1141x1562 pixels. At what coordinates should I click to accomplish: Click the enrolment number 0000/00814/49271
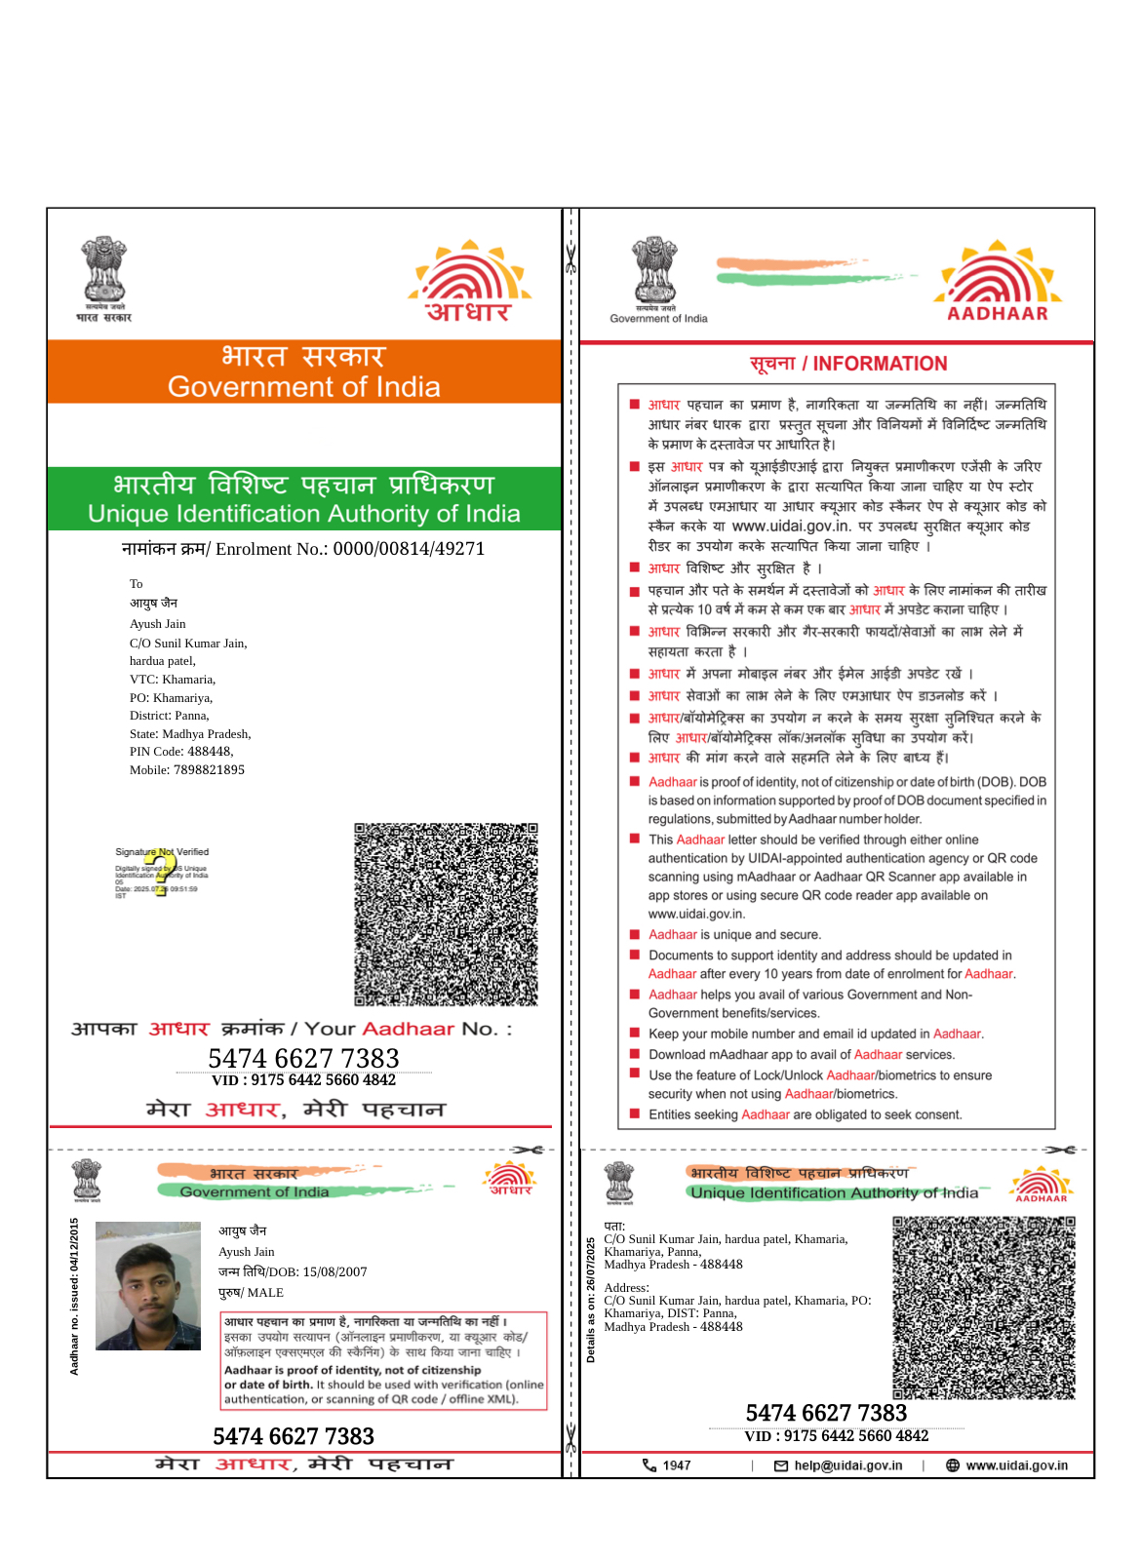coord(409,549)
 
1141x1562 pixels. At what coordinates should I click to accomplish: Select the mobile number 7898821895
coord(209,770)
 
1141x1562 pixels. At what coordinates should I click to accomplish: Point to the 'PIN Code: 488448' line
coord(181,752)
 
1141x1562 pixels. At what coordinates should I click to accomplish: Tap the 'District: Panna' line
coord(170,716)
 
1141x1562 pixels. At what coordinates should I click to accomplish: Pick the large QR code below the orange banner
coord(446,915)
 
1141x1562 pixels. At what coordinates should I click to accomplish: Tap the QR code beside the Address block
coord(983,1308)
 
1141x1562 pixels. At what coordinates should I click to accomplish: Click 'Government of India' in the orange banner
coord(303,387)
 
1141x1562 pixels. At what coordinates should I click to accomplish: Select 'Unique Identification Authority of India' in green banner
coord(303,514)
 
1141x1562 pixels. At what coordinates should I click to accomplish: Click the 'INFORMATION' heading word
coord(880,364)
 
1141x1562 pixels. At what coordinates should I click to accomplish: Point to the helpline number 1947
coord(677,1465)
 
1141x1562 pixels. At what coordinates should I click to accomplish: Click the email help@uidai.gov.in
coord(847,1465)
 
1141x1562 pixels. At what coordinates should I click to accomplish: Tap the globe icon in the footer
coord(953,1465)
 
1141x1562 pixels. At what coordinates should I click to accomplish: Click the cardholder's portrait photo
coord(148,1286)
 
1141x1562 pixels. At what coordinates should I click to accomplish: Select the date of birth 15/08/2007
coord(334,1272)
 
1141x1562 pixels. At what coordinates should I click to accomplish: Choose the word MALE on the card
coord(265,1293)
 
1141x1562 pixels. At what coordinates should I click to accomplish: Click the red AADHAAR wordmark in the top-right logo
coord(997,314)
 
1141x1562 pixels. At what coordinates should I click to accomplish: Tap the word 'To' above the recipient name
coord(137,584)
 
